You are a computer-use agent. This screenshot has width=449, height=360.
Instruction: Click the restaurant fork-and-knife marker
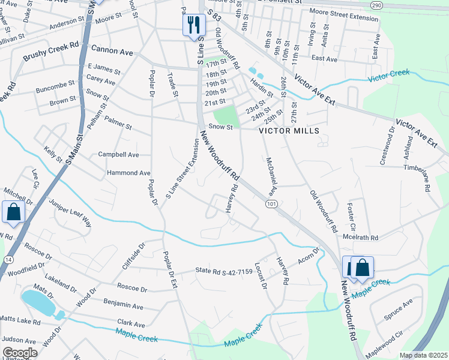(x=192, y=25)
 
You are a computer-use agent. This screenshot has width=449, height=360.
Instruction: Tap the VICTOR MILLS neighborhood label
(x=285, y=131)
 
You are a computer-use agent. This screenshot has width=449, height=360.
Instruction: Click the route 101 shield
(x=271, y=205)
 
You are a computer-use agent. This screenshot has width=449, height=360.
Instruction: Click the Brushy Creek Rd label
(x=51, y=52)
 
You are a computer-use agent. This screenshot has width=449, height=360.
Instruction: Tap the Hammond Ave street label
(x=128, y=173)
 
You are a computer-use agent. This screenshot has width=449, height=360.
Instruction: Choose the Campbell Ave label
(x=118, y=155)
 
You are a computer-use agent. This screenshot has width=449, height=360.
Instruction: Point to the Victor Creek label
(x=389, y=75)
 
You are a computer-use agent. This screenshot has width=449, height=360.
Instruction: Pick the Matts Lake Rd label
(x=19, y=322)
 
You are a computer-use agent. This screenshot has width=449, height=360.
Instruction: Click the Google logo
(x=20, y=353)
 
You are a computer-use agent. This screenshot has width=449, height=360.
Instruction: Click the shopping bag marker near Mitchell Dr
(x=13, y=212)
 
